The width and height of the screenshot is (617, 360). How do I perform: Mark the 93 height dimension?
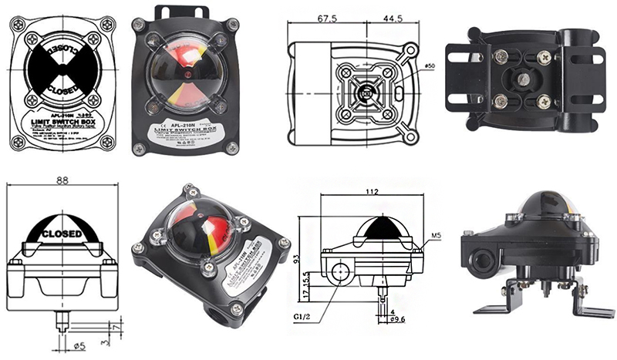(x=304, y=262)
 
